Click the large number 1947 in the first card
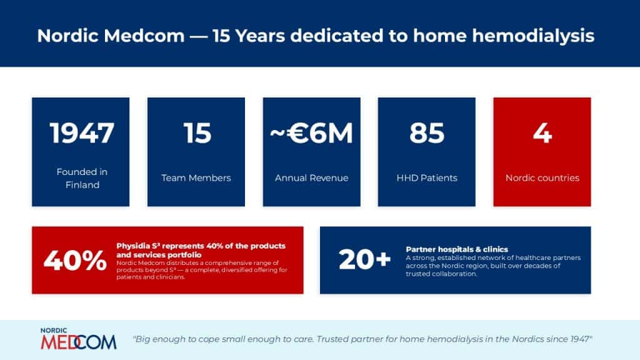point(81,133)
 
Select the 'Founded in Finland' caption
point(81,178)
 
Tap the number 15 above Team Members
point(197,133)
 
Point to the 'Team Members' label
point(196,178)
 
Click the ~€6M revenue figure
point(312,133)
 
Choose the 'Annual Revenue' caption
point(312,178)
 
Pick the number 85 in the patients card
point(427,133)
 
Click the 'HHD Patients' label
point(427,178)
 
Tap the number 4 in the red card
point(542,133)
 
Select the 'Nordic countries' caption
point(542,178)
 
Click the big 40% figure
point(74,261)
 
